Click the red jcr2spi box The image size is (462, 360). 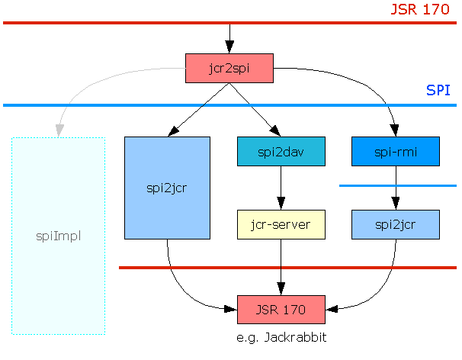[x=229, y=68]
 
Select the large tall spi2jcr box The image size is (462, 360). [x=167, y=188]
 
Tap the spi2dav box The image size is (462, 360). [x=281, y=151]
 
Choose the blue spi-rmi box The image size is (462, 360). [x=396, y=151]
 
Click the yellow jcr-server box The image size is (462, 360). [x=281, y=224]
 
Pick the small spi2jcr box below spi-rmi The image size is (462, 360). [x=396, y=224]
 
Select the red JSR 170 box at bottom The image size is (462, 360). [x=281, y=310]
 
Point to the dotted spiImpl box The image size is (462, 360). [x=58, y=236]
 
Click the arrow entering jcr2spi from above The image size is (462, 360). [x=229, y=38]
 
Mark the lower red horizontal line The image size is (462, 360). [x=229, y=268]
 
